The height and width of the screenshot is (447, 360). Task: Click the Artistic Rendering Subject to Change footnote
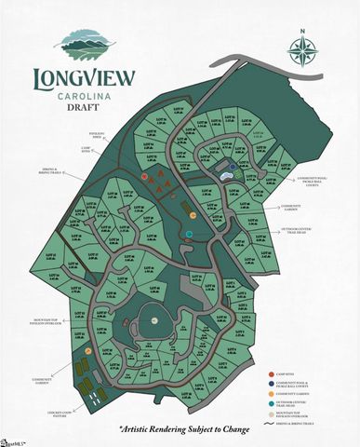point(180,429)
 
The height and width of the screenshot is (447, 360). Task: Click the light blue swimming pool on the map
point(226,175)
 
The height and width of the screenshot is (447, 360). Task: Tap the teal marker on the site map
point(190,232)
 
